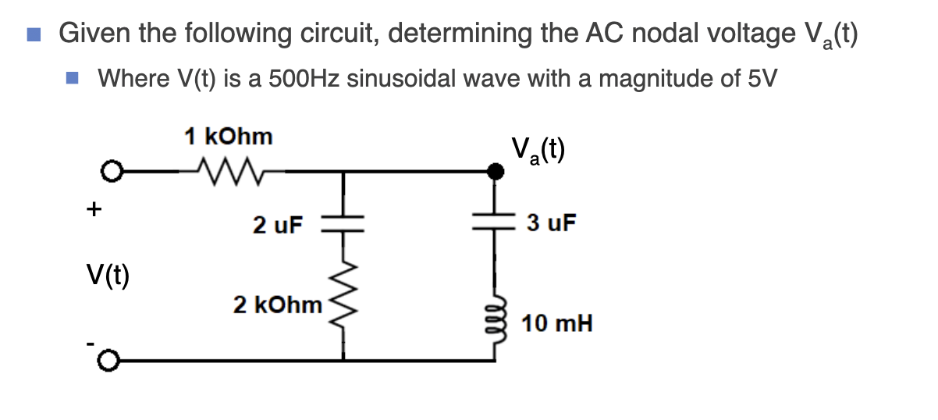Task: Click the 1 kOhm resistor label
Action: pos(229,137)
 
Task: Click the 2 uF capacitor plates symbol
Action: pos(343,224)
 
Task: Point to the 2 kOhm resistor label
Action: pos(278,304)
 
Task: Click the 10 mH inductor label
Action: pos(557,322)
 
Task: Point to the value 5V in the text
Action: pos(760,79)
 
